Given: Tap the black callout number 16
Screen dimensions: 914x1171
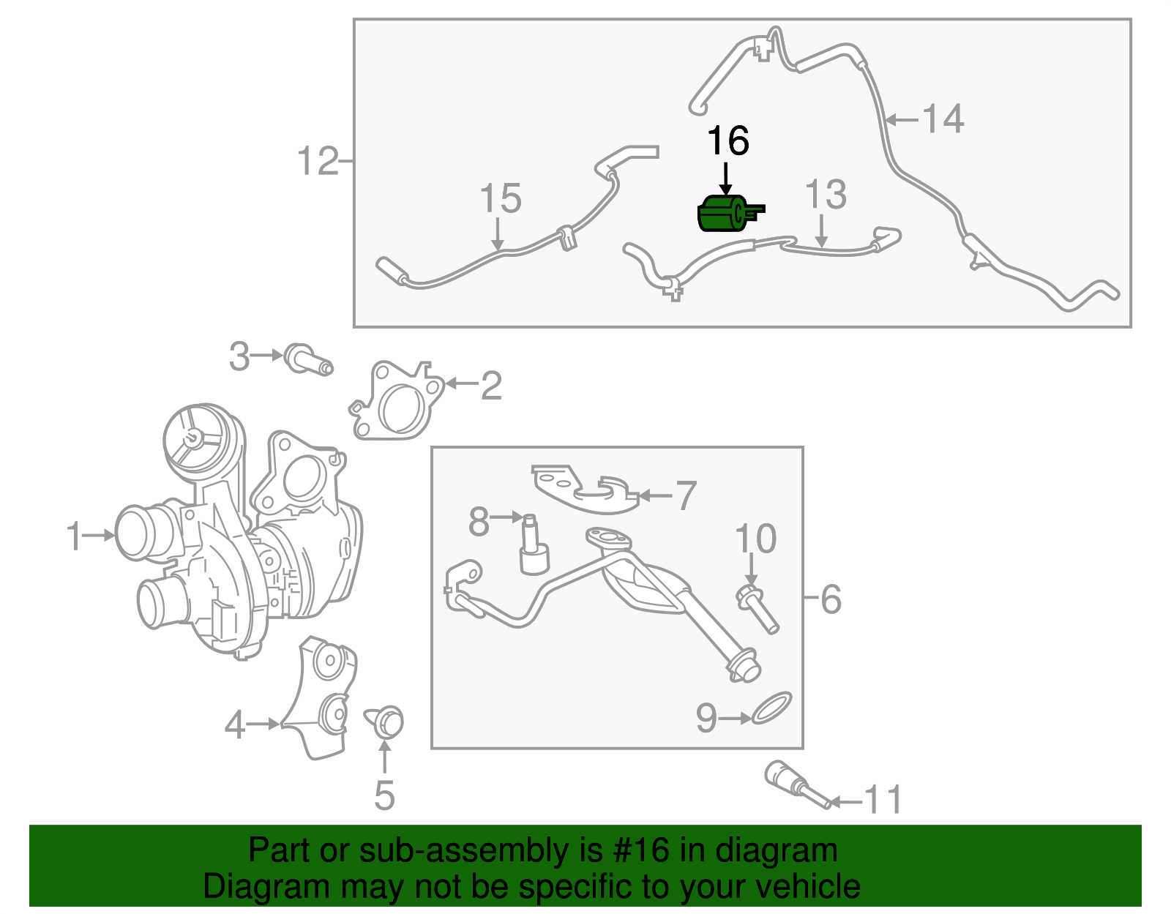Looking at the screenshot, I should [x=727, y=141].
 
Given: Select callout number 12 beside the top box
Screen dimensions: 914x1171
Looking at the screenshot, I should [x=318, y=161].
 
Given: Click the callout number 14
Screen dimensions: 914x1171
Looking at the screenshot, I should [x=943, y=119].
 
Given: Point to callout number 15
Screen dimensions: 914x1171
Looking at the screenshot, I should [x=500, y=198].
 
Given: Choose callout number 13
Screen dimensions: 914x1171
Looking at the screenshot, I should [x=825, y=195].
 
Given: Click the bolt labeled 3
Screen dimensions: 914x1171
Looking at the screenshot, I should [x=307, y=359].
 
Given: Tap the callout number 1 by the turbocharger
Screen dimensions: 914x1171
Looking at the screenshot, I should [x=73, y=536].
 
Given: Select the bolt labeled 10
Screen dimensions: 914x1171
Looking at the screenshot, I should [x=757, y=607].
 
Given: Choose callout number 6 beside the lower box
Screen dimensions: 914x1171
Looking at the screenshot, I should [x=831, y=599].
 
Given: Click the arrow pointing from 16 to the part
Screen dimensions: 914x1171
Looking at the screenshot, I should [x=725, y=178].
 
